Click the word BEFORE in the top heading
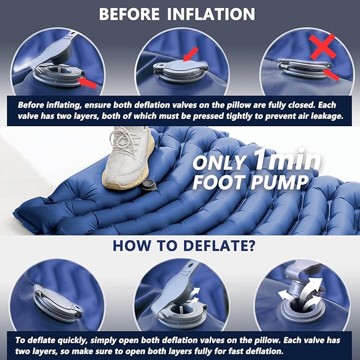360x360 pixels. [x=129, y=14]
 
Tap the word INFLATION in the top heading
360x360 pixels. [x=211, y=14]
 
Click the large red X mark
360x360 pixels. [x=322, y=46]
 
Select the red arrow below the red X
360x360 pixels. [x=331, y=75]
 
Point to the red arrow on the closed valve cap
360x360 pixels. [x=191, y=54]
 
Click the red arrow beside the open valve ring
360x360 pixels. [x=87, y=83]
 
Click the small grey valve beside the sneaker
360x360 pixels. [x=149, y=185]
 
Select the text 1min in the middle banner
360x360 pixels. [x=287, y=159]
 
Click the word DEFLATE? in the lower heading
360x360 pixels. [x=219, y=245]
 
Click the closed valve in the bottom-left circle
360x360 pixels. [x=58, y=303]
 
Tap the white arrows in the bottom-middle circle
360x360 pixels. [x=195, y=295]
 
